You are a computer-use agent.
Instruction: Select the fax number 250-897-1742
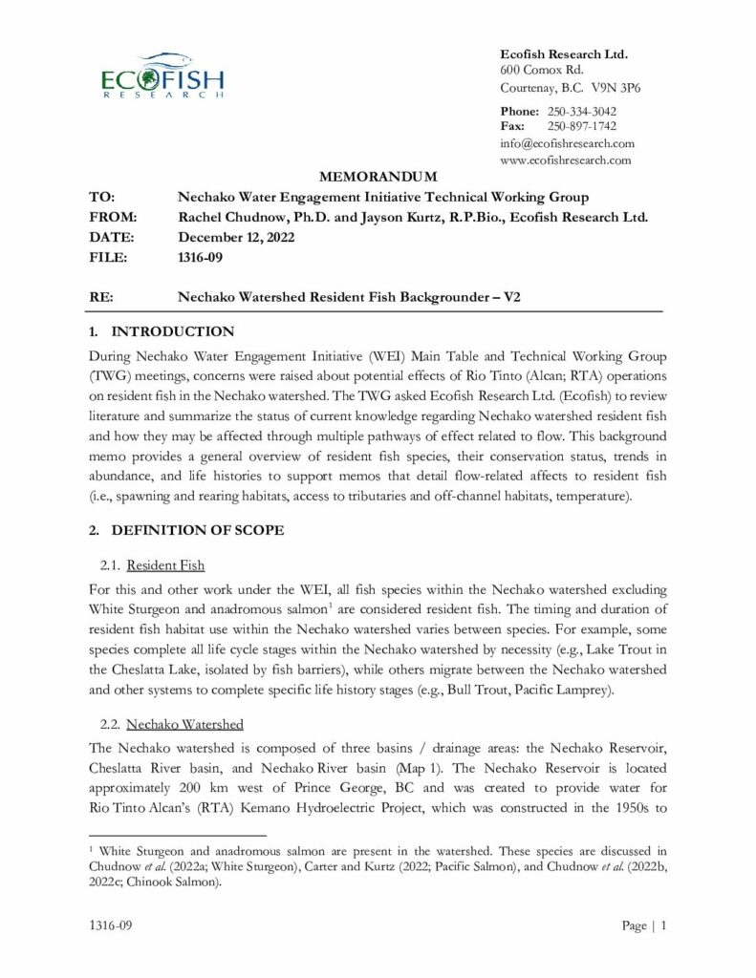582,126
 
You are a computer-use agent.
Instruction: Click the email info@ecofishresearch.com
567,143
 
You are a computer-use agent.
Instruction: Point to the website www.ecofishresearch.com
566,159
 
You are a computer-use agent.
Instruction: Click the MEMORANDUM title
378,177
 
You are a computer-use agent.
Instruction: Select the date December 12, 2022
237,237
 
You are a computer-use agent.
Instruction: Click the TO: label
102,197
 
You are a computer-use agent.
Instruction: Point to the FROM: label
113,217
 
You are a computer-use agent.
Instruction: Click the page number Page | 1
644,925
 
